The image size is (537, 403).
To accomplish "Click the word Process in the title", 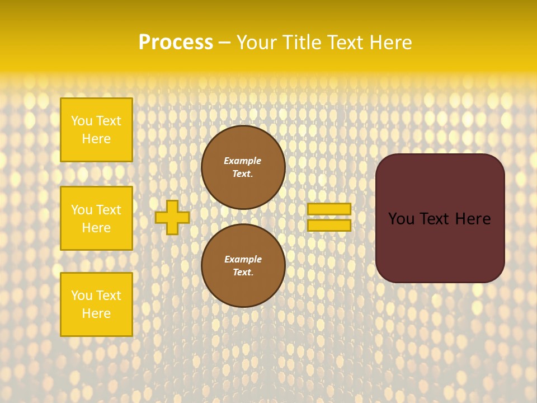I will (x=176, y=43).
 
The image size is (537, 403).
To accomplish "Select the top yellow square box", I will (x=96, y=130).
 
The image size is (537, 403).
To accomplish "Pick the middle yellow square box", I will (x=96, y=218).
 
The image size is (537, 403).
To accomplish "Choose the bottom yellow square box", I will (x=96, y=304).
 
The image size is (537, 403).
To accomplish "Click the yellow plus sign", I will (x=172, y=217).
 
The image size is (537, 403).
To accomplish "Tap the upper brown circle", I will (x=243, y=167).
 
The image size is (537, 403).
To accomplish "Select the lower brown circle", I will (x=243, y=266).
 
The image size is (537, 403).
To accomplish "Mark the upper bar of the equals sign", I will (x=329, y=209).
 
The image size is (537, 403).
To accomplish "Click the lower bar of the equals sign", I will (x=329, y=226).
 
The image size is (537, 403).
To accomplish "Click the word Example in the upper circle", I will (x=242, y=161).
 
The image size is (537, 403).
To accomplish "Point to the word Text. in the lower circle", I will (x=243, y=273).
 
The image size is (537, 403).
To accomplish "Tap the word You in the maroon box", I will (x=401, y=219).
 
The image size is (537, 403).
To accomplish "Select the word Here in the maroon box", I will (x=473, y=219).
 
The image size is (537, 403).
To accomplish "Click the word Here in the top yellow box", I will (x=96, y=139).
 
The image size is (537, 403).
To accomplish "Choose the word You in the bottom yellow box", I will (x=81, y=296).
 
